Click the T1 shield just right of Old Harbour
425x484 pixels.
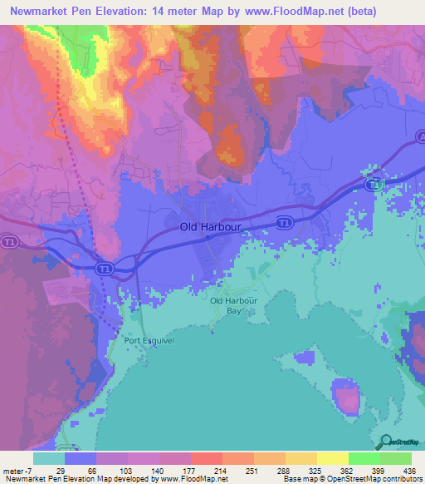285,222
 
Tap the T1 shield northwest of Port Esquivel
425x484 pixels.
103,269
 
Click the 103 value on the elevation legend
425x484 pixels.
127,470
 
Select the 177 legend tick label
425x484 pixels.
190,470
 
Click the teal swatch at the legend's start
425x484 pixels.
48,458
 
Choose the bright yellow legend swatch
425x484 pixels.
333,458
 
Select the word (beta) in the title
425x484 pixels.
357,12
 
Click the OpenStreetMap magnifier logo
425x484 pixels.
386,442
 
